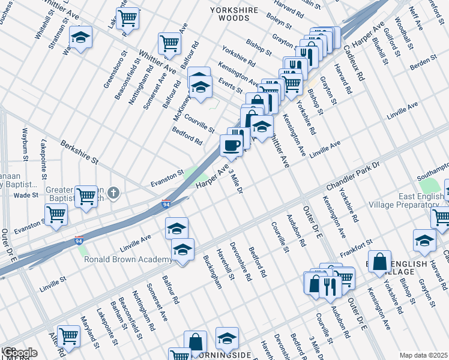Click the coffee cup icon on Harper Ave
[x=231, y=145]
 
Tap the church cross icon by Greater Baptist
[x=114, y=193]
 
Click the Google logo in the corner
[x=19, y=352]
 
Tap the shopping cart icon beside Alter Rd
[x=68, y=336]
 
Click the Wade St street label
[x=26, y=195]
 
